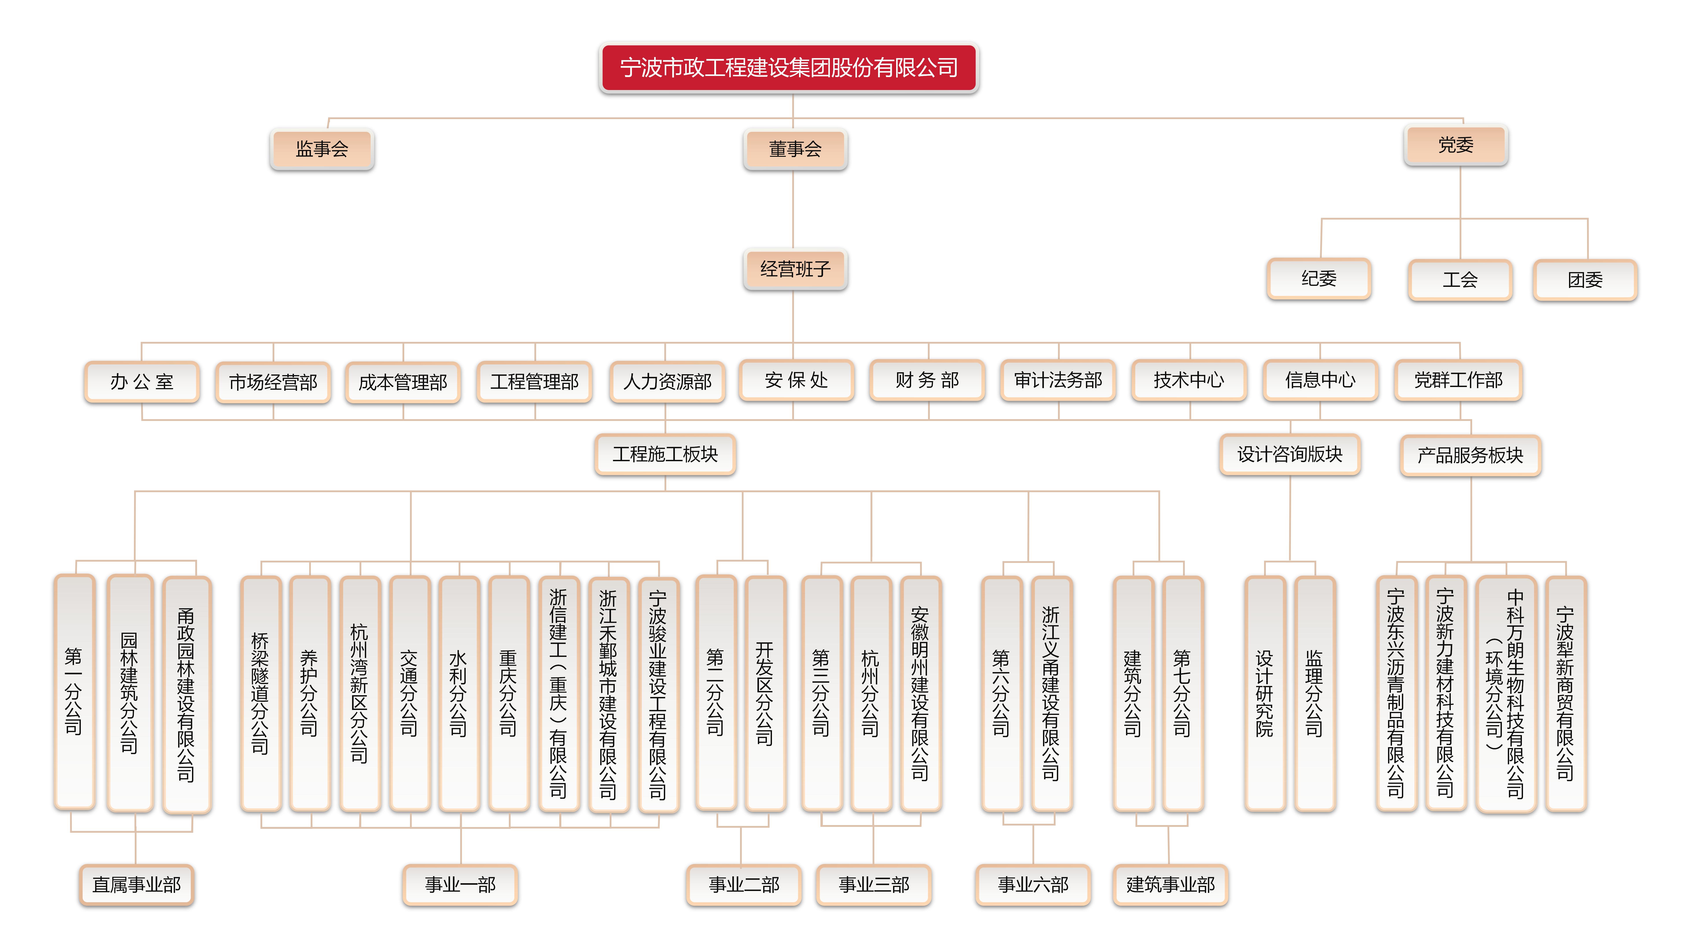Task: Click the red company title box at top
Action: (x=789, y=68)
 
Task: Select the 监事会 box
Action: (x=322, y=149)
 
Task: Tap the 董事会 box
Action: (x=795, y=149)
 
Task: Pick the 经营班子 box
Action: (x=795, y=269)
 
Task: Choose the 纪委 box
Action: (x=1319, y=279)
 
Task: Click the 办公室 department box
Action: (x=142, y=381)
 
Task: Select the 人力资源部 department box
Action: (x=667, y=381)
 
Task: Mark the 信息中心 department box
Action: (x=1320, y=380)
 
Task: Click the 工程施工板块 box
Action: (x=665, y=454)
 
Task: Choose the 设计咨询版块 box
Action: (x=1290, y=454)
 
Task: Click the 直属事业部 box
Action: (x=137, y=885)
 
